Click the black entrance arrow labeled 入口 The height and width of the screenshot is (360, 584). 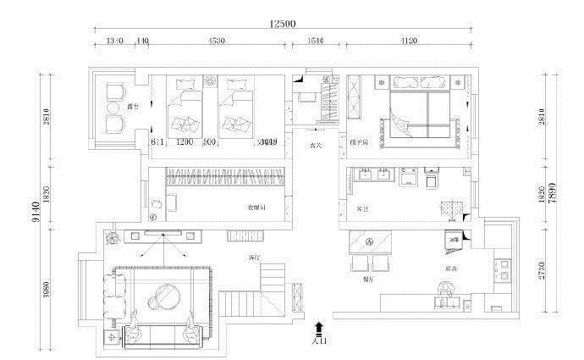[x=318, y=328]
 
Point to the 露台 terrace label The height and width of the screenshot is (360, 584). [x=132, y=108]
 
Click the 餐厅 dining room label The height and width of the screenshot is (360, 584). [x=367, y=278]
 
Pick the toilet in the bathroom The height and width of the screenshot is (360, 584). [x=432, y=180]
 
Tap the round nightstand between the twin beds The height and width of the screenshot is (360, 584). [x=211, y=82]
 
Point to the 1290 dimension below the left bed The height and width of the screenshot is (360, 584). [x=186, y=142]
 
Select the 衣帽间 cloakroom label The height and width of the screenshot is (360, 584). [x=257, y=207]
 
